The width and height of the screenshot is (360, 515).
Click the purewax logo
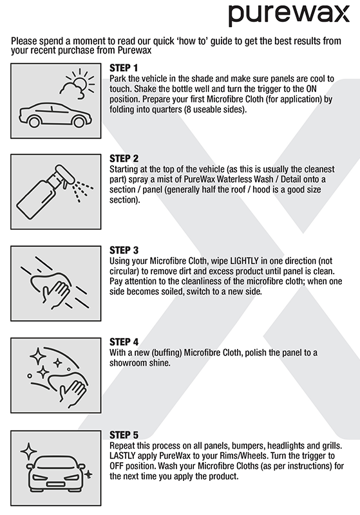[x=289, y=14]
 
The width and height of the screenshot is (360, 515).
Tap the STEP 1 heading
[x=124, y=68]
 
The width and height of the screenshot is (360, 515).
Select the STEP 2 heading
[x=124, y=158]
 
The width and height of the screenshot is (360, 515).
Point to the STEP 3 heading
[x=124, y=250]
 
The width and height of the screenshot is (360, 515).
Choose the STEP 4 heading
[x=124, y=342]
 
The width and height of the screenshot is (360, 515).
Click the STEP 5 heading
[x=124, y=435]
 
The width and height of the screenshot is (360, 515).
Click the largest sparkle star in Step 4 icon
[x=38, y=357]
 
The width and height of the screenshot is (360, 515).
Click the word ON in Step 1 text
[x=311, y=89]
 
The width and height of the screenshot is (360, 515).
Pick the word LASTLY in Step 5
[x=122, y=456]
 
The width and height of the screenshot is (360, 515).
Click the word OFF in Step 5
[x=117, y=466]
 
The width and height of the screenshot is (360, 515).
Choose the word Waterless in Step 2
[x=234, y=180]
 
